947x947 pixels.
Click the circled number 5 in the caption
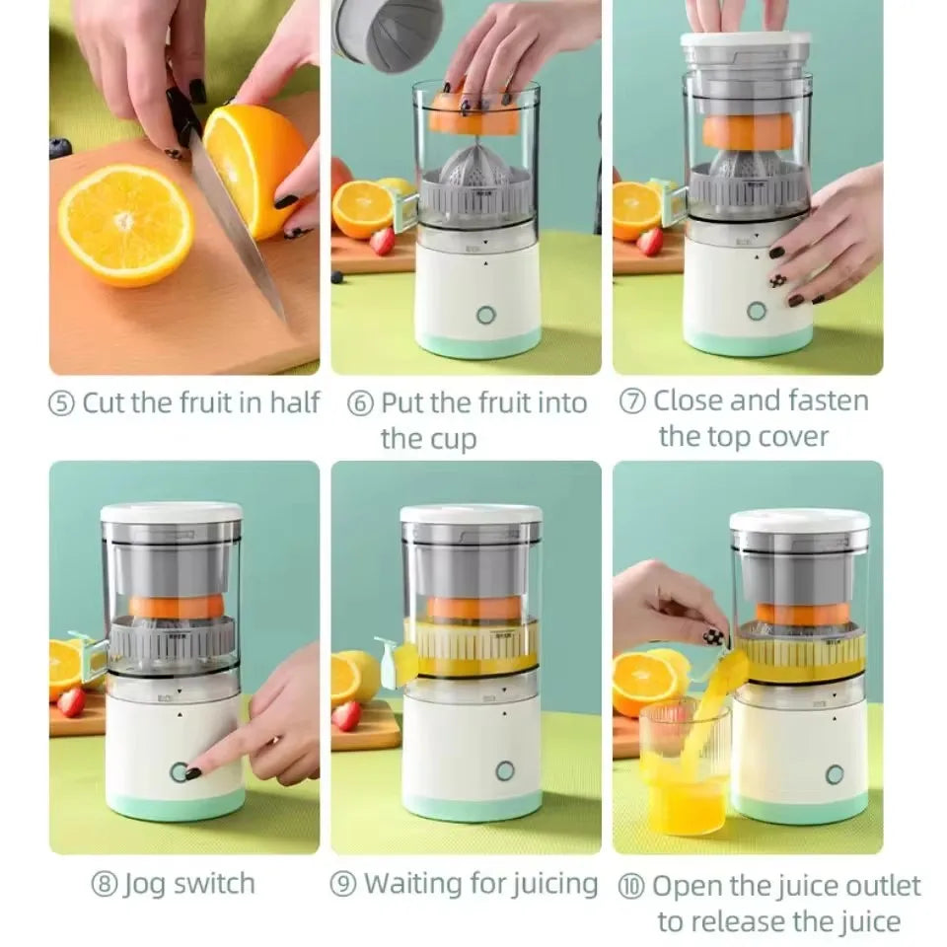[62, 403]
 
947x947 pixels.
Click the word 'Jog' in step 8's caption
[144, 884]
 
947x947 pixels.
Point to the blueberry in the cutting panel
[60, 148]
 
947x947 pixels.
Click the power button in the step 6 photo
[484, 315]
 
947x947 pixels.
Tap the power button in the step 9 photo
[505, 770]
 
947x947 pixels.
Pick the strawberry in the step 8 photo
[71, 701]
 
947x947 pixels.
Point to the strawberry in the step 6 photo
[382, 241]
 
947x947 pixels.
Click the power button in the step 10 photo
[835, 774]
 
